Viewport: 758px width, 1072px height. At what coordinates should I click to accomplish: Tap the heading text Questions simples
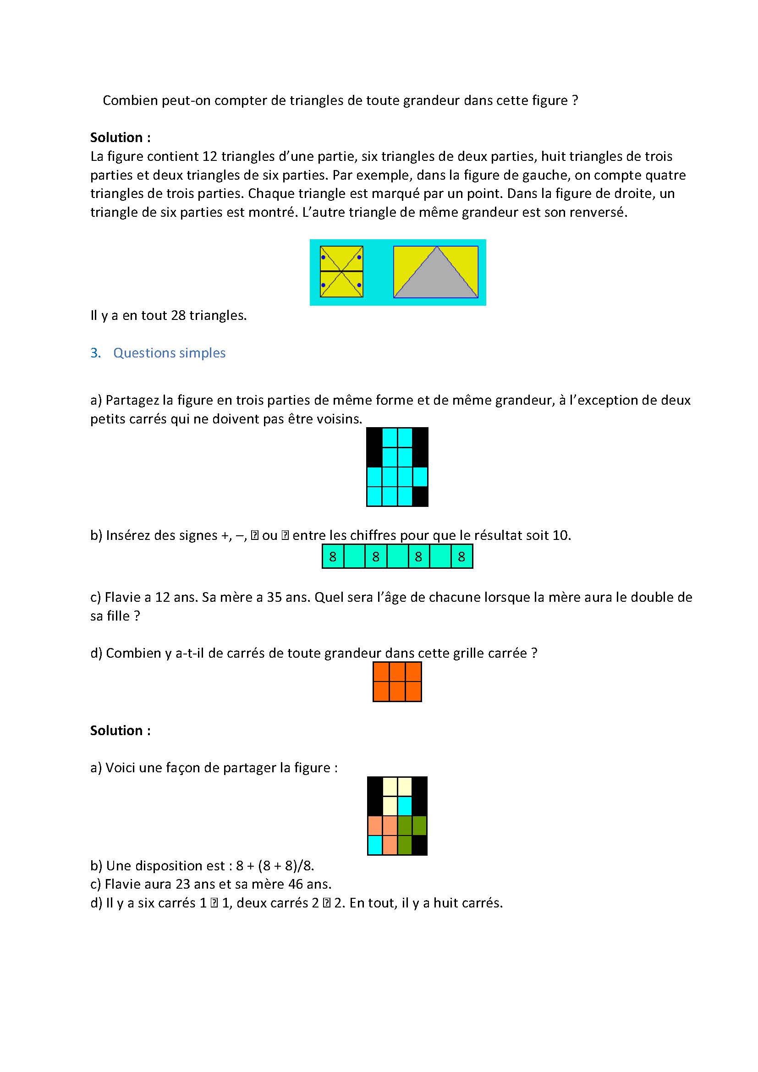click(170, 353)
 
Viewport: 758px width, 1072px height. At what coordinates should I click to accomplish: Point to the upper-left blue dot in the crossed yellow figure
click(323, 257)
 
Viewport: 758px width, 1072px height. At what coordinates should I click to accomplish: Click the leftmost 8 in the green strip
click(333, 556)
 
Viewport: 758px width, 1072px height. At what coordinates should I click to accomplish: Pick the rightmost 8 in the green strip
click(461, 556)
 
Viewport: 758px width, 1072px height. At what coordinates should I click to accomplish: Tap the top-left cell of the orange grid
click(381, 672)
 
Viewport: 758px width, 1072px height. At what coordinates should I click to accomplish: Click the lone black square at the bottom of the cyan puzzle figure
click(420, 496)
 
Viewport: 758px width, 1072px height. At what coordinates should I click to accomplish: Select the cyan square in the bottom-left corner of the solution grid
click(375, 845)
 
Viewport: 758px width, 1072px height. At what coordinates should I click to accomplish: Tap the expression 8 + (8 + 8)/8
click(275, 865)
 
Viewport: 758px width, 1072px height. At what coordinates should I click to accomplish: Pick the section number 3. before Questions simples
click(96, 353)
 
